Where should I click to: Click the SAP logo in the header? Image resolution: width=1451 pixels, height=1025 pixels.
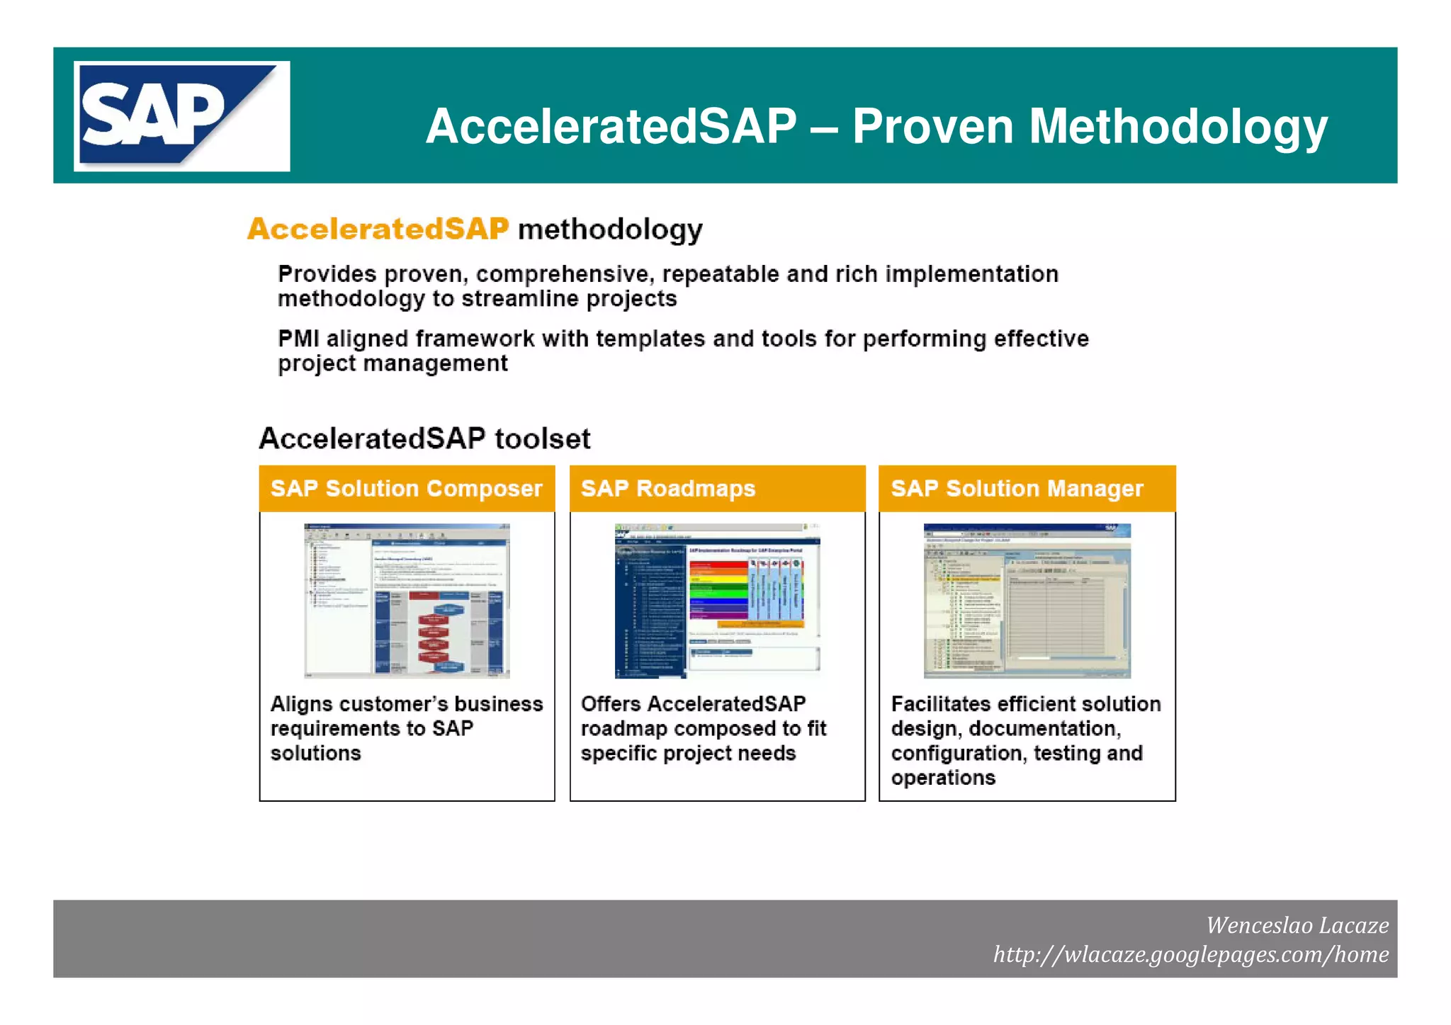(x=181, y=116)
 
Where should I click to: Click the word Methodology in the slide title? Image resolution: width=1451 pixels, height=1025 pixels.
(x=1178, y=127)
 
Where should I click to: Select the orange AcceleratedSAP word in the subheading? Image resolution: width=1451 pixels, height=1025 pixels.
(x=378, y=229)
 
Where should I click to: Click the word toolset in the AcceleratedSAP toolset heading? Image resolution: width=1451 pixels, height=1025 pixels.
(x=542, y=438)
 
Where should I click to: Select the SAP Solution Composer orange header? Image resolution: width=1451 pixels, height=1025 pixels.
(x=407, y=488)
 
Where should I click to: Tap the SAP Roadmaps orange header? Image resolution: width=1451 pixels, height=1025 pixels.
(x=717, y=488)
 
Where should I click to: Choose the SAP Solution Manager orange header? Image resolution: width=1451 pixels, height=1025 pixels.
(x=1027, y=488)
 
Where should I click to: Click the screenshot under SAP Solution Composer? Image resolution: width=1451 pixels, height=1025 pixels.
(x=407, y=601)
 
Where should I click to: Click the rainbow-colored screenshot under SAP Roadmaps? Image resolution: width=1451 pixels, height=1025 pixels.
(x=717, y=601)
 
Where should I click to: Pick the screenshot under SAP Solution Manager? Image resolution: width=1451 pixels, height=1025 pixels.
(x=1027, y=601)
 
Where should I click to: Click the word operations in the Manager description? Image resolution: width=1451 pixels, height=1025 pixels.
(x=943, y=778)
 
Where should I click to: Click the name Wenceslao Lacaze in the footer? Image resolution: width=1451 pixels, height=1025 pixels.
(x=1297, y=925)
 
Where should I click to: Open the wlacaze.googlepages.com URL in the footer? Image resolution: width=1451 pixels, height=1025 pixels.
(x=1190, y=954)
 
